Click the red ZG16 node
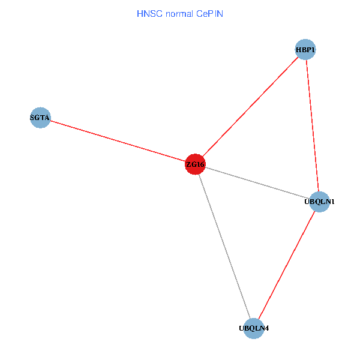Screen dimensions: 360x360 click(195, 164)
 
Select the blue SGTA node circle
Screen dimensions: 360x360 click(40, 118)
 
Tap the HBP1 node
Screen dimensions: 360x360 click(305, 49)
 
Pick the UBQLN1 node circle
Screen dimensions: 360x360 click(319, 202)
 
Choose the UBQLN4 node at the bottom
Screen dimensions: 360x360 click(254, 328)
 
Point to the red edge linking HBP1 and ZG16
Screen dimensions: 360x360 click(250, 107)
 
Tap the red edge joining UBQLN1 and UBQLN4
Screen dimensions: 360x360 click(287, 265)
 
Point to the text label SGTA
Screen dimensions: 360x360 click(40, 118)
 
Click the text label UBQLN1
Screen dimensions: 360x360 click(319, 202)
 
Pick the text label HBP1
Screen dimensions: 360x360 click(305, 49)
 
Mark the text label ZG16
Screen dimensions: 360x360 click(195, 164)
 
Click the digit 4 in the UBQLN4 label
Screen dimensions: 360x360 click(266, 329)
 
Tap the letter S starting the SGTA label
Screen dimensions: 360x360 click(32, 118)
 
